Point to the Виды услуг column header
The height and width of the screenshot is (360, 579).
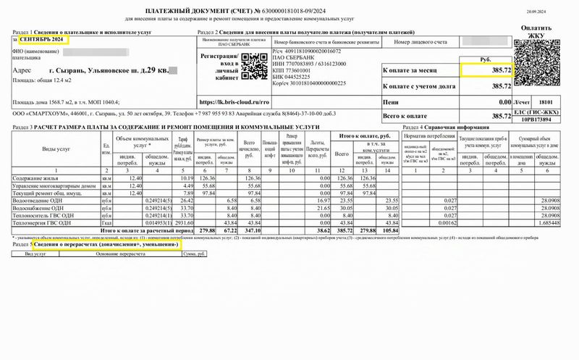point(62,148)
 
